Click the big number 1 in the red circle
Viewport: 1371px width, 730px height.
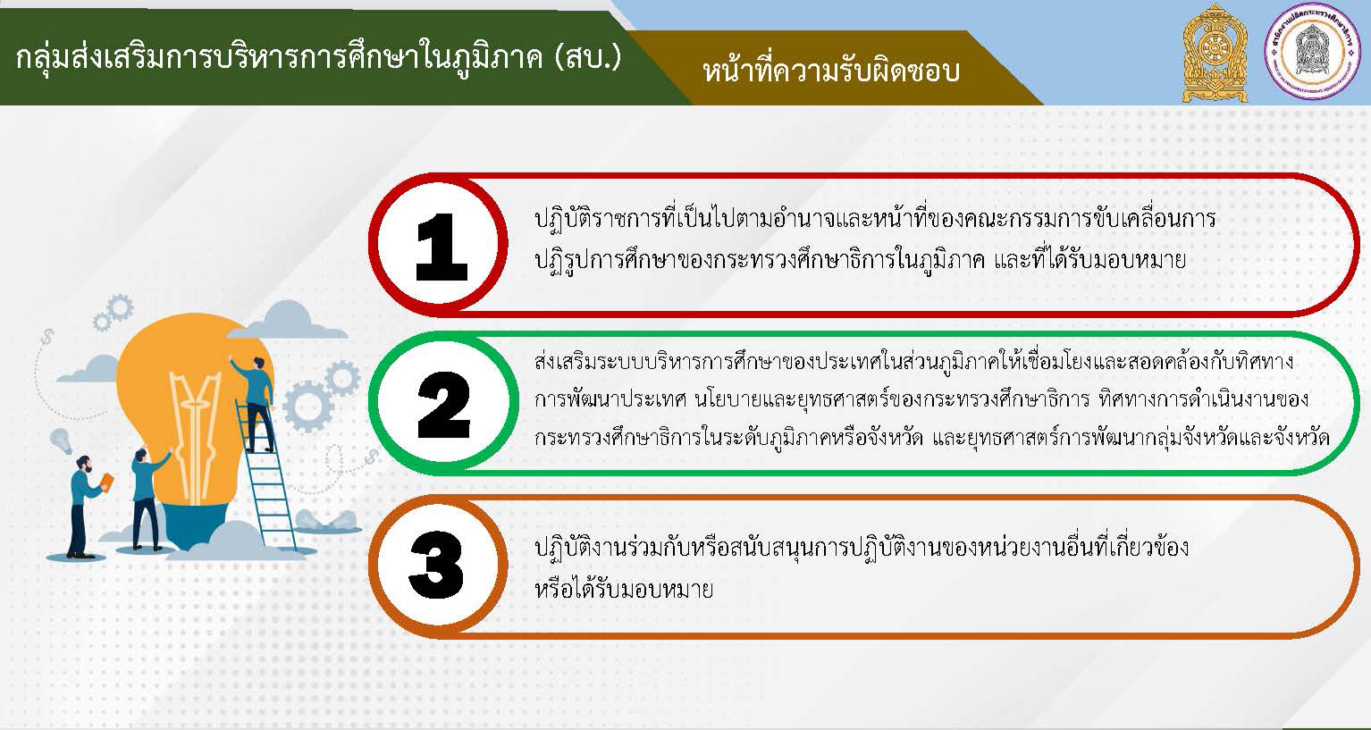click(x=442, y=247)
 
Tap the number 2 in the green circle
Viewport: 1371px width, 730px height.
click(x=443, y=405)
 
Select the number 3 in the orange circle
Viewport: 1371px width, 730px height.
click(x=436, y=565)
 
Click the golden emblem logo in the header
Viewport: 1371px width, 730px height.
click(x=1215, y=54)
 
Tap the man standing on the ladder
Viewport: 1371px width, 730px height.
click(x=255, y=404)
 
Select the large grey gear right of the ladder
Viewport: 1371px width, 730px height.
click(x=307, y=407)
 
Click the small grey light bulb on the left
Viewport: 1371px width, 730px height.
click(x=61, y=441)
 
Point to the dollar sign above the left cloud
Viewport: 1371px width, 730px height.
click(x=47, y=337)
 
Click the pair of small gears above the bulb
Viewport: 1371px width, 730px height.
click(x=114, y=313)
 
